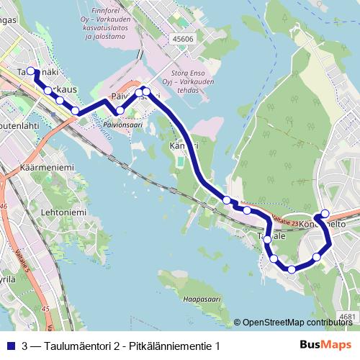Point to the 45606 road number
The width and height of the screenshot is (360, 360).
183,40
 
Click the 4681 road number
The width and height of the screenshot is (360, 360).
347,316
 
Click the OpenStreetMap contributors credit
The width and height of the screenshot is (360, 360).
297,323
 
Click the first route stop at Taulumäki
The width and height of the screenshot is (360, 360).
31,71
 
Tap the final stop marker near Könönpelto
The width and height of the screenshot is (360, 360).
325,213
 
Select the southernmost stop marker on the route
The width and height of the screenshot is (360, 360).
292,269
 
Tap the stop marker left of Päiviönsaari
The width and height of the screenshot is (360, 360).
120,110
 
